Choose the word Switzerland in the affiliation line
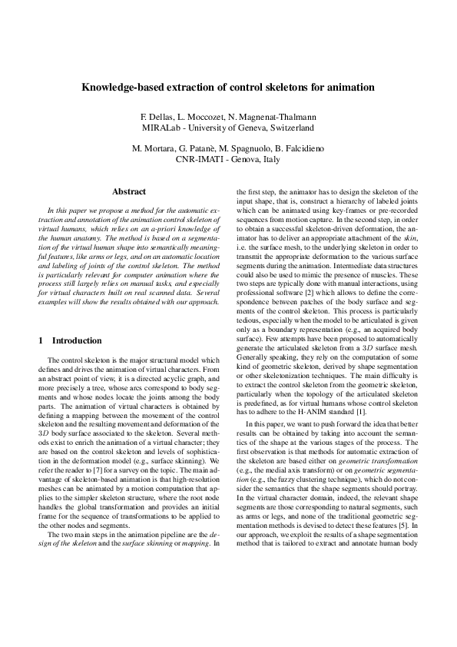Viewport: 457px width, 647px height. pos(289,127)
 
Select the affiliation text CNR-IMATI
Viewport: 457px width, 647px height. pos(201,158)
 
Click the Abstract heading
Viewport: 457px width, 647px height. pos(129,191)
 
